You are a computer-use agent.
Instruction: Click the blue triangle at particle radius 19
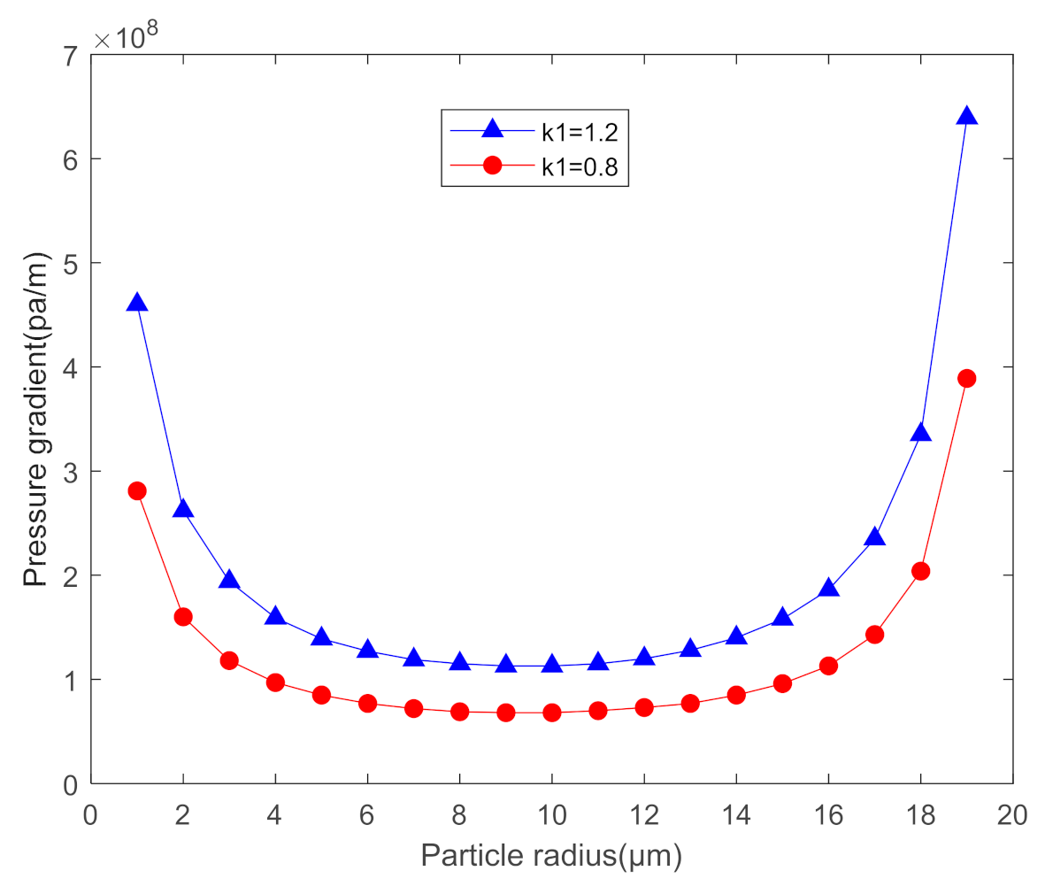point(966,116)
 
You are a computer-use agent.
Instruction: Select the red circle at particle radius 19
point(966,378)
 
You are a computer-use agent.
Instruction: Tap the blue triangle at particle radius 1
point(136,303)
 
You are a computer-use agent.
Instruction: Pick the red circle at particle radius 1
point(136,491)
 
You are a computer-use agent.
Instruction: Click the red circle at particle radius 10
point(552,713)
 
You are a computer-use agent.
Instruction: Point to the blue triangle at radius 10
point(552,664)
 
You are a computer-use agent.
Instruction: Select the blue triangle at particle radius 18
point(920,433)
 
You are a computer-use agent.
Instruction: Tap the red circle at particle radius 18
point(920,571)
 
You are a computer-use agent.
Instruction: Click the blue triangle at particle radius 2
point(183,509)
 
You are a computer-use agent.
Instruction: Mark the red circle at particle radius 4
point(275,682)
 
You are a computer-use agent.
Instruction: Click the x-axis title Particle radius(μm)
point(551,856)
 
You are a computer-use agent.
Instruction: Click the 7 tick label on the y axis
point(72,55)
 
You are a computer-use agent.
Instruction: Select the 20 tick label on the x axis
point(1012,815)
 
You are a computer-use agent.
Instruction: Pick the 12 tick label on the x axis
point(644,815)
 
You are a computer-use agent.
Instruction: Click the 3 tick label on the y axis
point(72,471)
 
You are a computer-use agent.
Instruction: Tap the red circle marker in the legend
point(492,166)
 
